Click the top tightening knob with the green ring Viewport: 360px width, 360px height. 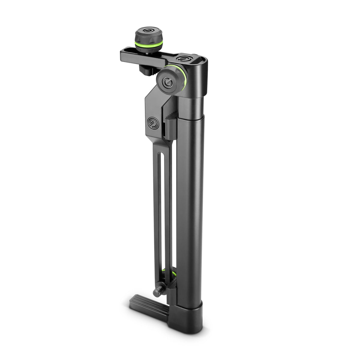(149, 37)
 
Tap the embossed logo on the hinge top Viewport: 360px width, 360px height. (183, 58)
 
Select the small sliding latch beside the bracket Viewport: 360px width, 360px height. (169, 128)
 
